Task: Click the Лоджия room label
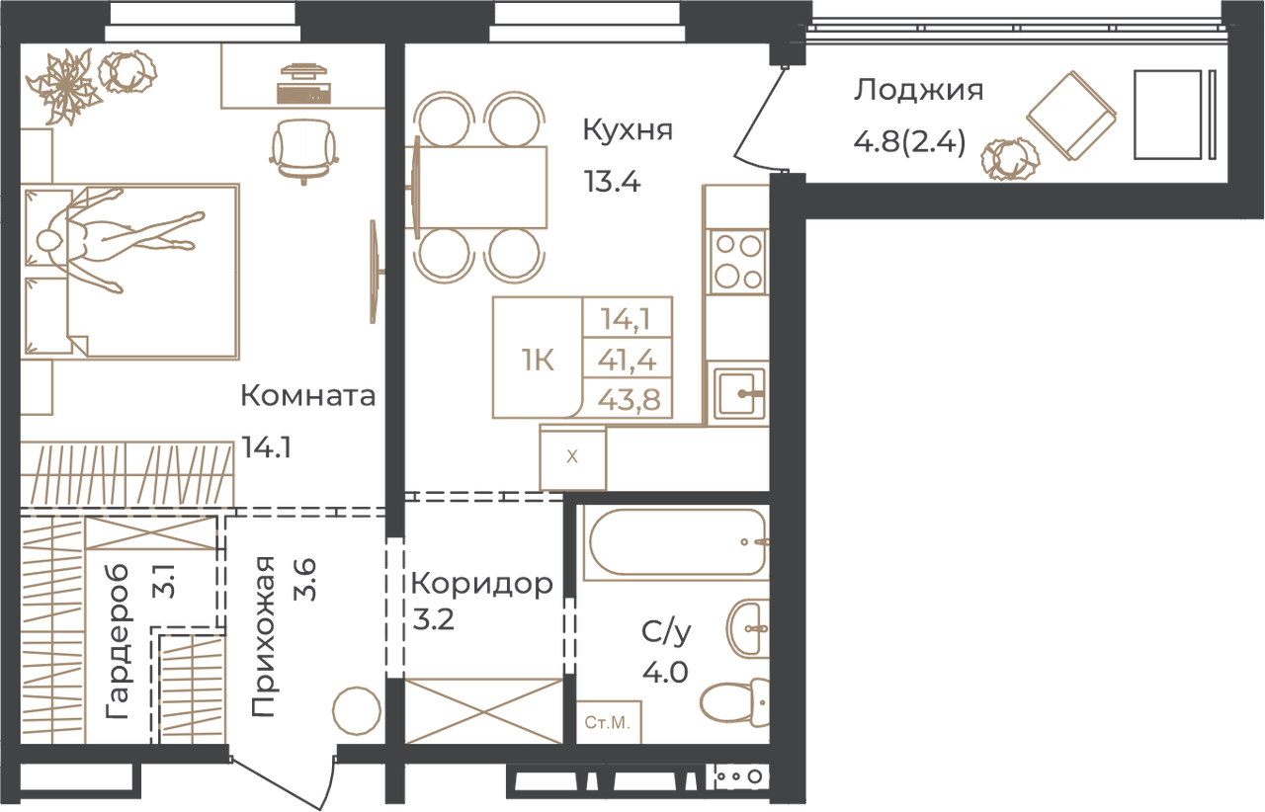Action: click(x=918, y=91)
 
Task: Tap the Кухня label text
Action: click(x=628, y=129)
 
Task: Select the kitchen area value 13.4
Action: click(x=612, y=182)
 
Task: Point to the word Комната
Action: click(x=307, y=395)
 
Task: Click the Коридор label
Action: click(x=481, y=585)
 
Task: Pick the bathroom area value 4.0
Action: click(x=665, y=673)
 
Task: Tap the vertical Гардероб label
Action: click(x=118, y=641)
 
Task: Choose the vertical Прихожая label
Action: click(x=263, y=636)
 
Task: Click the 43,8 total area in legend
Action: click(x=629, y=400)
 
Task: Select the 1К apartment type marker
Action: click(x=538, y=360)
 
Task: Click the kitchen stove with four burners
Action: click(x=738, y=262)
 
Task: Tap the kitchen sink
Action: click(x=739, y=394)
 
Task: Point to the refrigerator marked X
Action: click(x=572, y=456)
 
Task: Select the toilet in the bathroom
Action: click(x=734, y=702)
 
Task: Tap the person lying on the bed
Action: click(x=119, y=240)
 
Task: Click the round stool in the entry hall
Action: click(x=357, y=711)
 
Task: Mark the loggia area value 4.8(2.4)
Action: click(x=909, y=141)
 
